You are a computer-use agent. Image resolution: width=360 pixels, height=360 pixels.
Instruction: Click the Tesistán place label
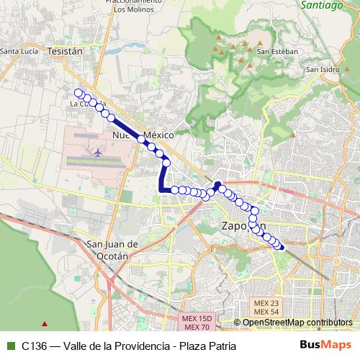65,51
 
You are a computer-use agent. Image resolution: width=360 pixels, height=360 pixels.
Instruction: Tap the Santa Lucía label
19,51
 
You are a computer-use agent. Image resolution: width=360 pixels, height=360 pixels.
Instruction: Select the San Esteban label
272,51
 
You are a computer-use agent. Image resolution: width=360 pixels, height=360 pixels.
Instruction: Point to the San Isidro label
322,70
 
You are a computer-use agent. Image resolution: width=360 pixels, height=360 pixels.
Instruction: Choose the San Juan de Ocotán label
107,249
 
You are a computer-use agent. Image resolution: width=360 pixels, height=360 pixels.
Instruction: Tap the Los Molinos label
129,9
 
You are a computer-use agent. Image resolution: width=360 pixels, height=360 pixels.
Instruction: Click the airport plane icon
97,153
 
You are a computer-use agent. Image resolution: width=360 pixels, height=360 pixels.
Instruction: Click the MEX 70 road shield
194,327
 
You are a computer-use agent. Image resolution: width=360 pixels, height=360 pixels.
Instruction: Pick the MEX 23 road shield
266,302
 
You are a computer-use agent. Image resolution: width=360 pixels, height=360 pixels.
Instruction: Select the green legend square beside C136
10,346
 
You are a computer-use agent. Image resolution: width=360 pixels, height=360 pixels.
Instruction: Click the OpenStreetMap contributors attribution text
297,323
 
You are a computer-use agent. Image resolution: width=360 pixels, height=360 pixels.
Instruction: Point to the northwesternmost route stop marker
78,92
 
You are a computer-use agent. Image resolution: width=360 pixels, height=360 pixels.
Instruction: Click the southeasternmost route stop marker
280,247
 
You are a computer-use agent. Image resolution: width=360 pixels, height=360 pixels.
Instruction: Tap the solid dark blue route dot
217,184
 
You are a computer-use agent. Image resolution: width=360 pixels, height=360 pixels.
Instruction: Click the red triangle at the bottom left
45,324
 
